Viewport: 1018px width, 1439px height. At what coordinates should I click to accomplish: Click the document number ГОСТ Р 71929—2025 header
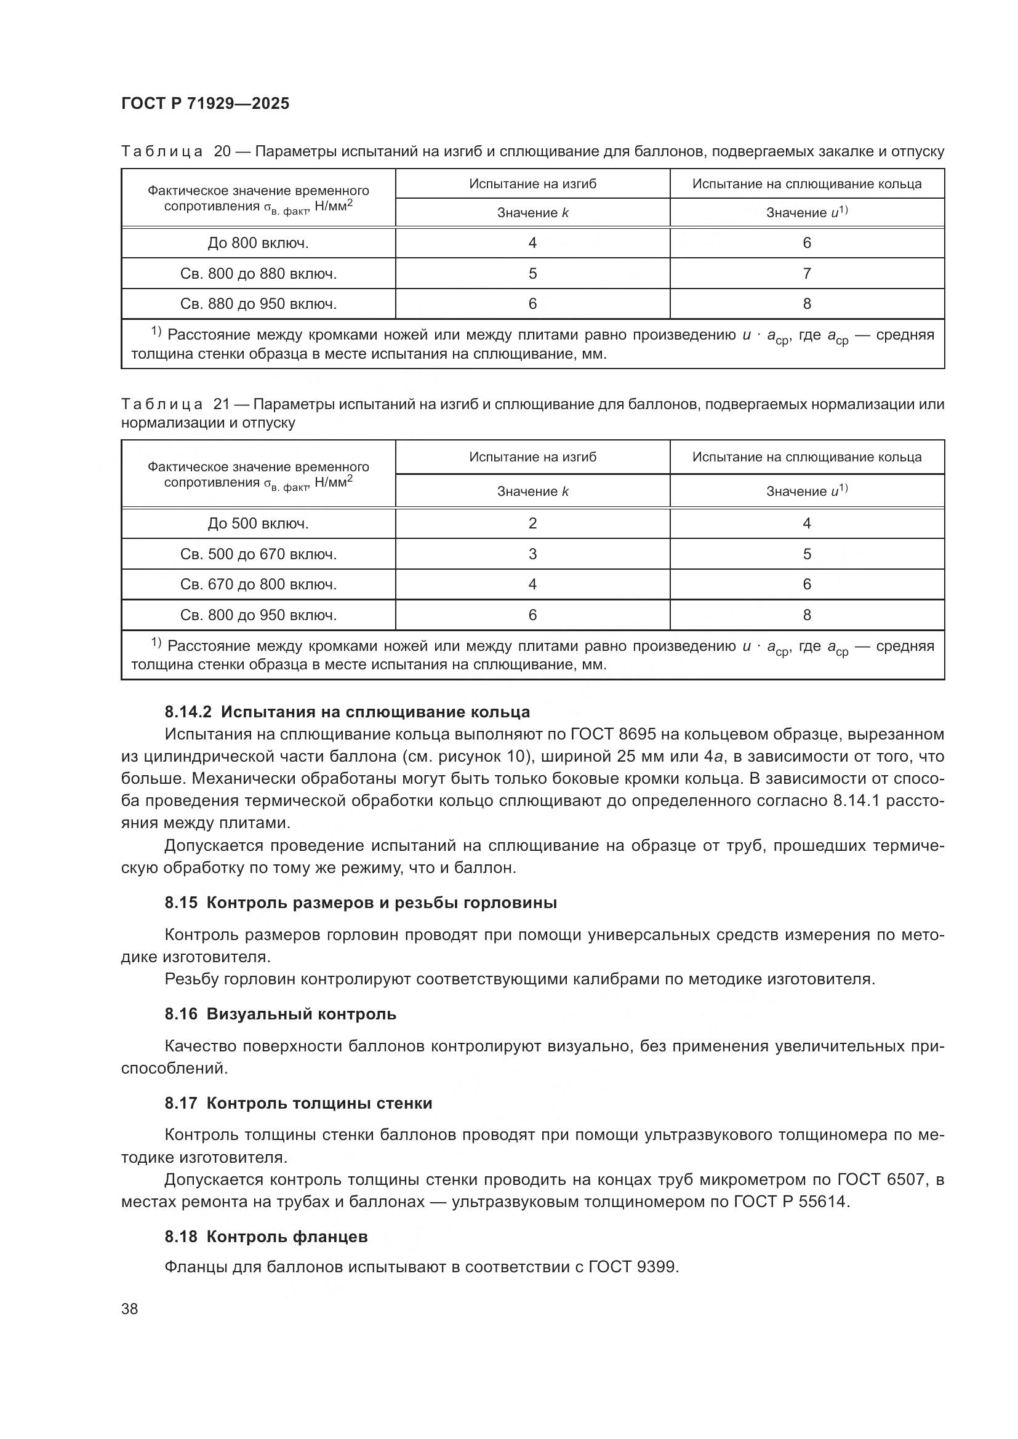(205, 103)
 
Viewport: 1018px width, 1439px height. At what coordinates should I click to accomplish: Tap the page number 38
(129, 1309)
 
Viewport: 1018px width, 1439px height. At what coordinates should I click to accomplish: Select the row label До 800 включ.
(259, 243)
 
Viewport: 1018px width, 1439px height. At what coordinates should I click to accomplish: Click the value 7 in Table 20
(807, 273)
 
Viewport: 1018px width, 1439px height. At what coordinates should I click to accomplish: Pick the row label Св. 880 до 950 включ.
(259, 304)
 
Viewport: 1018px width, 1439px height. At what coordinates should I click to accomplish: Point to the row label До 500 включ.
(259, 524)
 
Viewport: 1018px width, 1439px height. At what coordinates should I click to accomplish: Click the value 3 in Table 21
(532, 554)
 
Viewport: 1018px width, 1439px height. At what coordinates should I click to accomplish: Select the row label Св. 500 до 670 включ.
(259, 554)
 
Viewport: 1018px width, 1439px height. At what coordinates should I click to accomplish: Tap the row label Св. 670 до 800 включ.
(259, 584)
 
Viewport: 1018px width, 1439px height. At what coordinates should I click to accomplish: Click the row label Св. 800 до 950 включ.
(259, 615)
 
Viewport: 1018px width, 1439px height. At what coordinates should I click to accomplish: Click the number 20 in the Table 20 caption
(223, 152)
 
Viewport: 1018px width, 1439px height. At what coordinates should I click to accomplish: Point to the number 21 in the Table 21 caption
(222, 404)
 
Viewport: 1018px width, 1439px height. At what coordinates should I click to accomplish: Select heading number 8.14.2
(188, 712)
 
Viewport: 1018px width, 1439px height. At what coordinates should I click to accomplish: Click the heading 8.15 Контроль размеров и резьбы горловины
(361, 903)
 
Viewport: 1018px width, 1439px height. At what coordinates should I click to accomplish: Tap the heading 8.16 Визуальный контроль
(280, 1014)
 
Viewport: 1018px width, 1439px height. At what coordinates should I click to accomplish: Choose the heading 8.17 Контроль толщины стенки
(299, 1103)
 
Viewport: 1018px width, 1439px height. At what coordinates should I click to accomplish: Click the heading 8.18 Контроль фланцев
(266, 1237)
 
